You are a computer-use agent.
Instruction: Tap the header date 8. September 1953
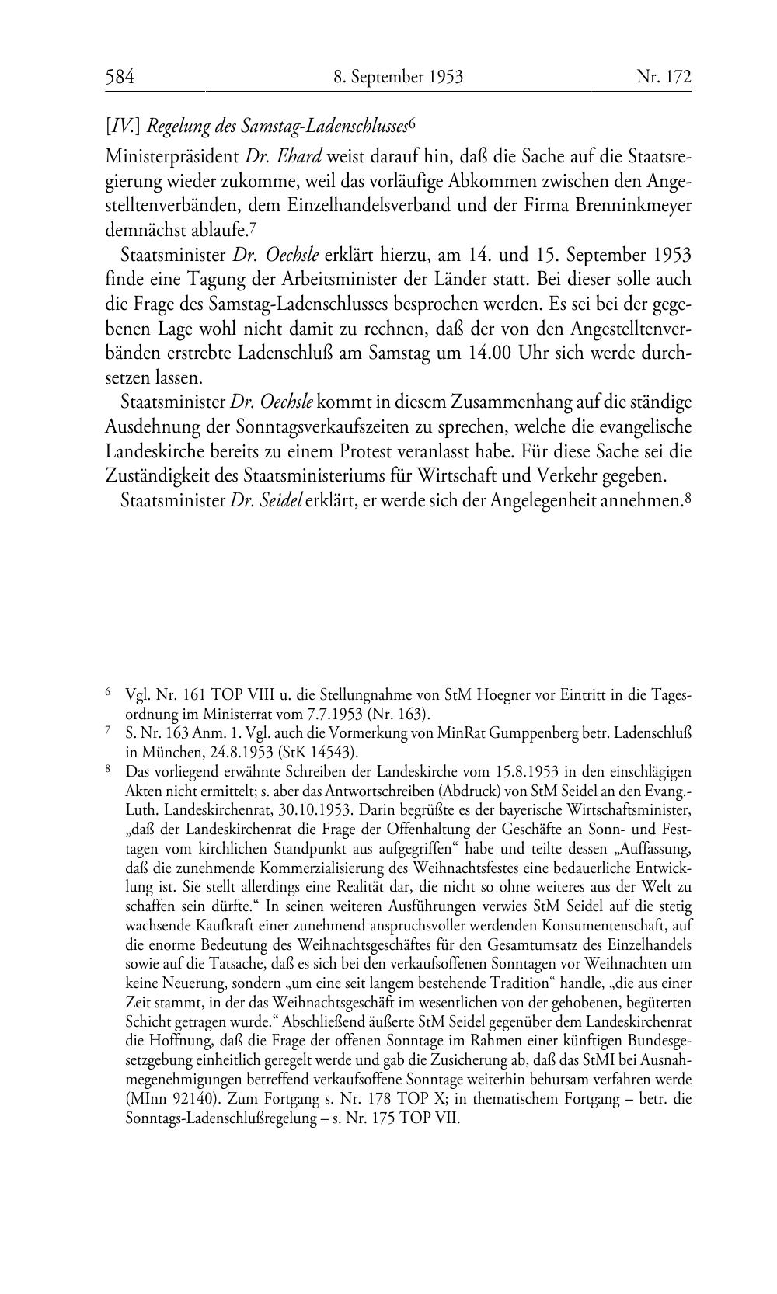(x=398, y=77)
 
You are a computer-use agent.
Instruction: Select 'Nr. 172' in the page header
(x=663, y=77)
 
